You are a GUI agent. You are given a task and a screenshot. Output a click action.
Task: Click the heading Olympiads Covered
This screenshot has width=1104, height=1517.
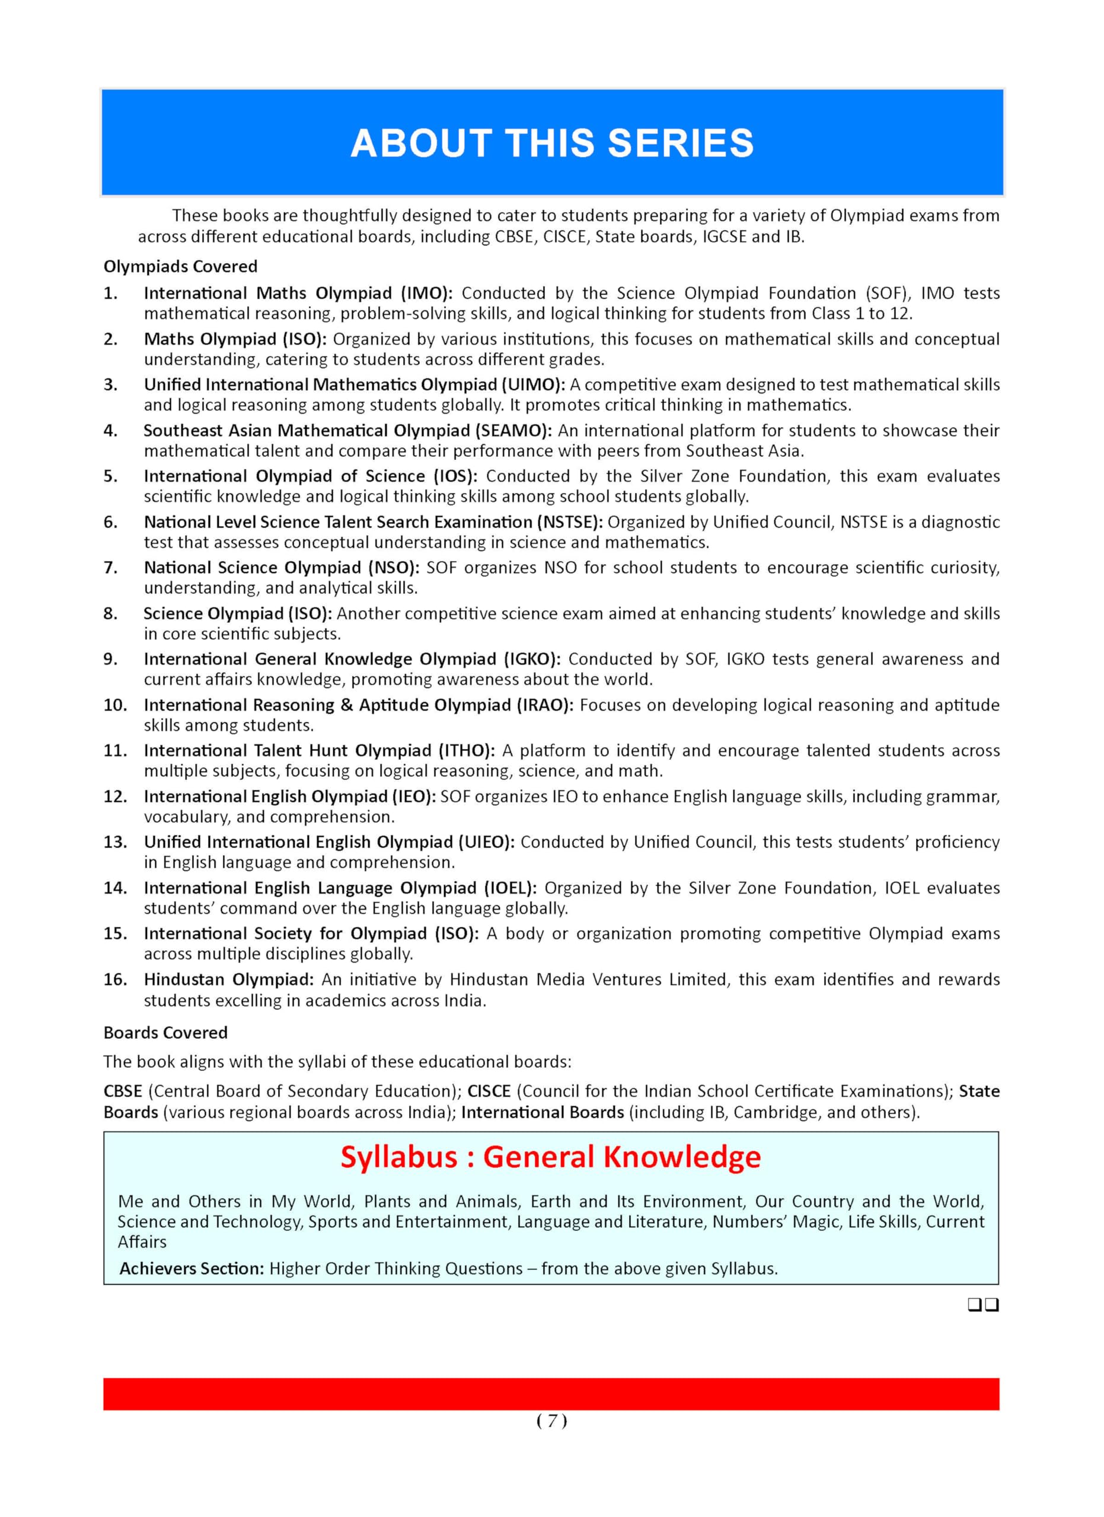(x=180, y=266)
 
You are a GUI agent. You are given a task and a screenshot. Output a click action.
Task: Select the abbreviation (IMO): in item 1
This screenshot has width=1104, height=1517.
(x=427, y=293)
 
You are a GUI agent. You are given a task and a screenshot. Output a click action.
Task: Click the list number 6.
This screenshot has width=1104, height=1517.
(x=110, y=521)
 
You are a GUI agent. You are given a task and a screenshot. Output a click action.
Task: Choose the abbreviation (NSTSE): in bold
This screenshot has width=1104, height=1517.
(x=569, y=521)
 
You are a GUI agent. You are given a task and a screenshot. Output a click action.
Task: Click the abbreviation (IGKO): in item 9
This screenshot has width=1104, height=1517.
(x=532, y=659)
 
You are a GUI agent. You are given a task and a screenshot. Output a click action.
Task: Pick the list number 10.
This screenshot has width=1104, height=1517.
(x=114, y=705)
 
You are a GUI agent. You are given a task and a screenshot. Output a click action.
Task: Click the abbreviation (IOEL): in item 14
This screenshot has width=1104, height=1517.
(x=510, y=888)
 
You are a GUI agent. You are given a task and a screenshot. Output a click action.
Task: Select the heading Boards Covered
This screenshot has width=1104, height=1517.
(x=165, y=1033)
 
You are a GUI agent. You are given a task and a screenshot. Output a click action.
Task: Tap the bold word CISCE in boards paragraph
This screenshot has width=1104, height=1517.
(x=489, y=1091)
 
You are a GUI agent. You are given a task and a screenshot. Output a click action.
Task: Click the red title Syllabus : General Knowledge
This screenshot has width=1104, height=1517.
(x=551, y=1157)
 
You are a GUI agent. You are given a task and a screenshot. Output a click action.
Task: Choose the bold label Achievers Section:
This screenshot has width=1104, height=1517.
(x=192, y=1269)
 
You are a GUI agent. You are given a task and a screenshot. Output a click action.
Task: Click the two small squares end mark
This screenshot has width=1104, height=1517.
(x=983, y=1305)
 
